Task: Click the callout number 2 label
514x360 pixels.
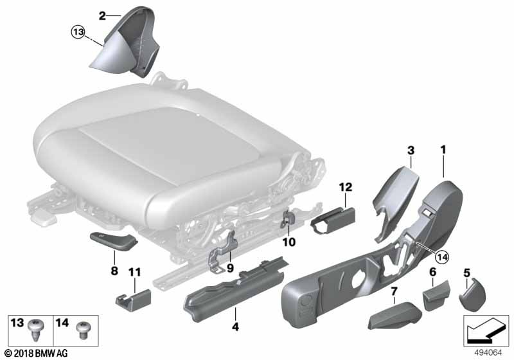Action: tap(102, 15)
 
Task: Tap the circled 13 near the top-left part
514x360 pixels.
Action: tap(78, 32)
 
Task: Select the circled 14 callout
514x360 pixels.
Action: tap(442, 257)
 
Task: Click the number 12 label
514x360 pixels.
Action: tap(346, 187)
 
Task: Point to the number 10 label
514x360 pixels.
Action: tap(288, 242)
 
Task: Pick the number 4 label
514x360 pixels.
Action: tap(235, 327)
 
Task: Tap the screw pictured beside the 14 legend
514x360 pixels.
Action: tap(83, 330)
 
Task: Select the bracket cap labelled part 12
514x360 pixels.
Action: tap(332, 220)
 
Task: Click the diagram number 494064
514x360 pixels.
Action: tap(488, 353)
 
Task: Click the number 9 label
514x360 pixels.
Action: tap(230, 269)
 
